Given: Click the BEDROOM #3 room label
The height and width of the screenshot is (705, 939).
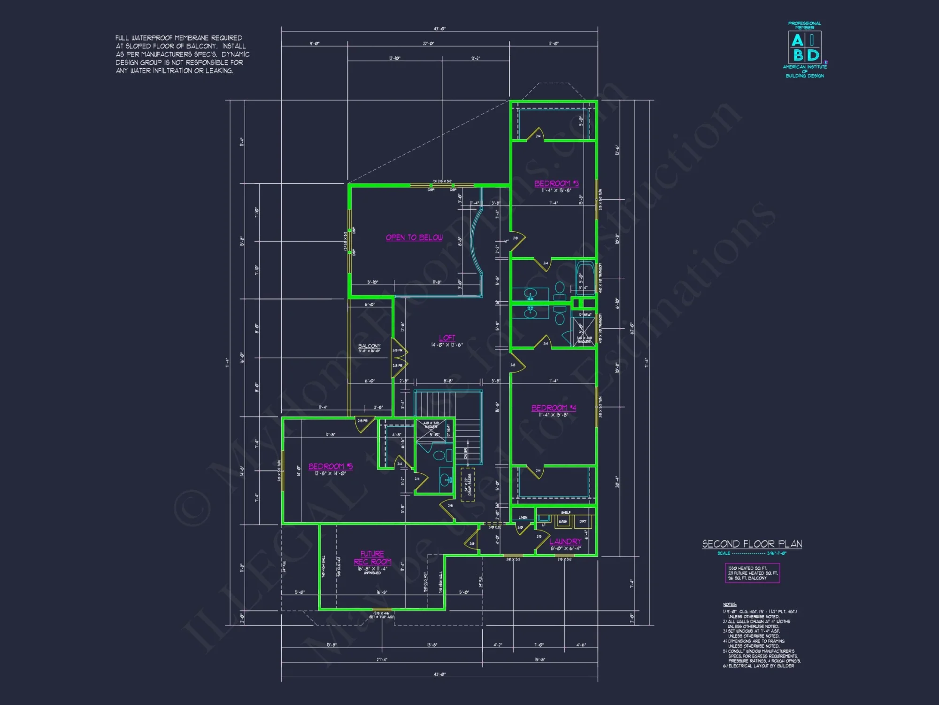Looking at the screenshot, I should pyautogui.click(x=556, y=183).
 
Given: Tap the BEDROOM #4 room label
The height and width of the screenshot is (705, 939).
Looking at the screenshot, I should pyautogui.click(x=554, y=408).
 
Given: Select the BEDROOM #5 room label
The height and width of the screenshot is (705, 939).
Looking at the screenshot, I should pyautogui.click(x=330, y=466).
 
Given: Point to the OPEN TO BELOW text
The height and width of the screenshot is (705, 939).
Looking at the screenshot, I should pyautogui.click(x=414, y=238).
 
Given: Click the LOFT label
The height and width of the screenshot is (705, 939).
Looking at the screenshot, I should pyautogui.click(x=447, y=338).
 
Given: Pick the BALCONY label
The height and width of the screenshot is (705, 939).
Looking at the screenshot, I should pyautogui.click(x=369, y=346).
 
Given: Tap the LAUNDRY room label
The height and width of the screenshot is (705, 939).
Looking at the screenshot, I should pyautogui.click(x=565, y=541).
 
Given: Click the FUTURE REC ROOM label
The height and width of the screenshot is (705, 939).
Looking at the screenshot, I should pyautogui.click(x=372, y=558).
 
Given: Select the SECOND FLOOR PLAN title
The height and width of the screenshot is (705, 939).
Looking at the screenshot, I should pyautogui.click(x=752, y=544).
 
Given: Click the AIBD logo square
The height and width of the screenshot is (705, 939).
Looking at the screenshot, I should pyautogui.click(x=805, y=47).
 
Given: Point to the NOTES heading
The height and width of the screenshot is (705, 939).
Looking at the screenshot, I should pyautogui.click(x=730, y=604).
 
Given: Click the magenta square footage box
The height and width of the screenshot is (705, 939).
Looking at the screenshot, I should pyautogui.click(x=752, y=573).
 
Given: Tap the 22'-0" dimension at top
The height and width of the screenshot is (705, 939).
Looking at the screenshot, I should pyautogui.click(x=428, y=44).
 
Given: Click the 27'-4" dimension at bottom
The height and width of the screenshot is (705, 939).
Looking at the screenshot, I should pyautogui.click(x=382, y=660).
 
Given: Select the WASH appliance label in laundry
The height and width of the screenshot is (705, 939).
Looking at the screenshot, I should pyautogui.click(x=563, y=521).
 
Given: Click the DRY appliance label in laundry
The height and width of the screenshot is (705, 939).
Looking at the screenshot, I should pyautogui.click(x=583, y=521).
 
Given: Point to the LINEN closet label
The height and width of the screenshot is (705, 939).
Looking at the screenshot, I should pyautogui.click(x=523, y=517).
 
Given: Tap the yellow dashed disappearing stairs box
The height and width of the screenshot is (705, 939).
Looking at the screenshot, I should pyautogui.click(x=468, y=484).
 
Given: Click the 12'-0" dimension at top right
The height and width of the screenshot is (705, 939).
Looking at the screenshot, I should pyautogui.click(x=553, y=44).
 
